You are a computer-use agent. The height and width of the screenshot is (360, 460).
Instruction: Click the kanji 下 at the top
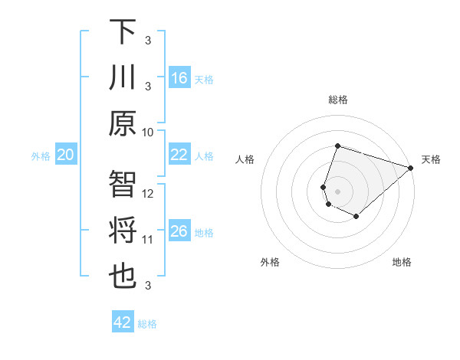point(123,31)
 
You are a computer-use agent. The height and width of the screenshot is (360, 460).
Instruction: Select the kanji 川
point(123,77)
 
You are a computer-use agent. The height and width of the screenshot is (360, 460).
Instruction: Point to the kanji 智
point(123,185)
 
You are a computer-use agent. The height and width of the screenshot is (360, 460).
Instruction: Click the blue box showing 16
point(179,78)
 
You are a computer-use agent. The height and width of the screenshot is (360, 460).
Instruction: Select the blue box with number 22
point(179,155)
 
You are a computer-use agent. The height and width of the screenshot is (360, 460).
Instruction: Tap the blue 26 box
point(179,231)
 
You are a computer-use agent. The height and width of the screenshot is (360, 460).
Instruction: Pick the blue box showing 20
point(66,155)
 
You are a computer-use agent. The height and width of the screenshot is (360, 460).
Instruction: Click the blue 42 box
point(123,322)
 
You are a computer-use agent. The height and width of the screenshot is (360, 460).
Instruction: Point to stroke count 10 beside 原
point(148,132)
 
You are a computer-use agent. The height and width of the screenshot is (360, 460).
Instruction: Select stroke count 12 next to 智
point(148,194)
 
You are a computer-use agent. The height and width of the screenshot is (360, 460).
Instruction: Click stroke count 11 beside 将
point(148,240)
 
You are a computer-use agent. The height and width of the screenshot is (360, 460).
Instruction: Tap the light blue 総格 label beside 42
point(147,324)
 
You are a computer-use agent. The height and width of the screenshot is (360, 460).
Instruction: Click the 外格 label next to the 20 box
point(41,156)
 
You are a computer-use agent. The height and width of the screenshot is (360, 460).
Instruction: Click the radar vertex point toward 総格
point(337,146)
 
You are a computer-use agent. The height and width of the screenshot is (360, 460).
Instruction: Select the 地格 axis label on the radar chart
point(402,262)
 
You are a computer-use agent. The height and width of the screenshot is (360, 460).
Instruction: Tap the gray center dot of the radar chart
point(337,190)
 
